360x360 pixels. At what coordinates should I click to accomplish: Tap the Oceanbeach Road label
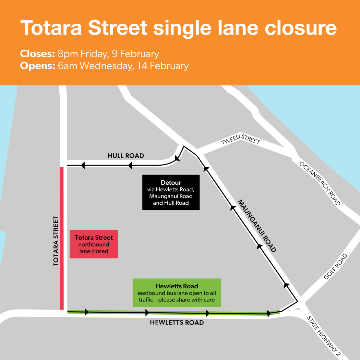click(320, 183)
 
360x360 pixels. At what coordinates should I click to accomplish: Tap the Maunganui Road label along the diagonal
click(257, 226)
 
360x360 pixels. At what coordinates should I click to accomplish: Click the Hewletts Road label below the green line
click(177, 323)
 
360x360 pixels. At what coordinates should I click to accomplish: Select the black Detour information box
click(171, 192)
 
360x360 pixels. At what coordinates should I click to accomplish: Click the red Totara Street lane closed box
click(94, 244)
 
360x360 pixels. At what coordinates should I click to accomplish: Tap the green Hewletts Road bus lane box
click(177, 292)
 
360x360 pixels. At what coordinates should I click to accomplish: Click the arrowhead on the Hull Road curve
click(177, 158)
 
